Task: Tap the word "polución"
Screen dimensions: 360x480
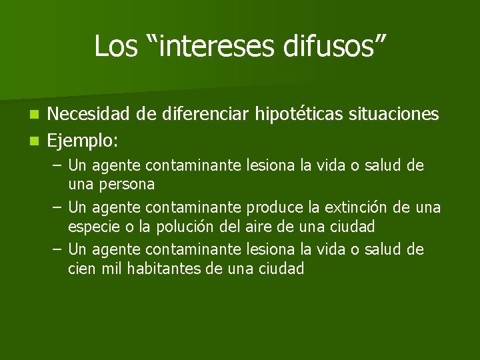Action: point(185,226)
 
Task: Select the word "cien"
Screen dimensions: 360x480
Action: point(81,269)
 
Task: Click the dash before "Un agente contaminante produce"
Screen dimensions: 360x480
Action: point(57,207)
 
